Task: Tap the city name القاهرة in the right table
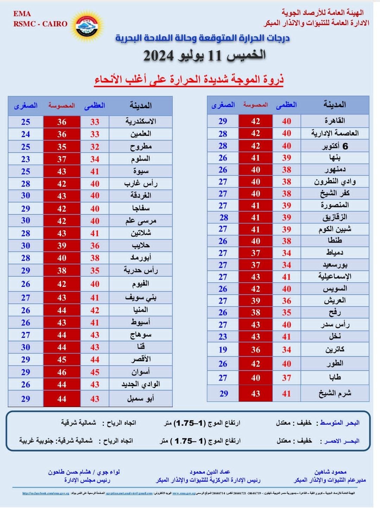[x=335, y=121]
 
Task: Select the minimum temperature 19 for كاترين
[x=223, y=349]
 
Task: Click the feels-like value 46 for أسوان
[x=62, y=372]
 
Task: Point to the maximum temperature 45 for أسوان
[x=95, y=372]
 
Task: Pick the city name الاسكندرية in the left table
[x=141, y=122]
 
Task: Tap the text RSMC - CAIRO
[x=40, y=24]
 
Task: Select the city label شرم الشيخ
[x=335, y=393]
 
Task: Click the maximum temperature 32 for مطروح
[x=95, y=147]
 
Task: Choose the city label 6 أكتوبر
[x=335, y=146]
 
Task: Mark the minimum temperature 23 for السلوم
[x=26, y=159]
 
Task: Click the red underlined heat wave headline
[x=189, y=79]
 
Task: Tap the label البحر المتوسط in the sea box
[x=340, y=423]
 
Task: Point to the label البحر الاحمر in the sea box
[x=340, y=441]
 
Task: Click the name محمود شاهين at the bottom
[x=330, y=472]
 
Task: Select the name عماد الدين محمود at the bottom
[x=210, y=472]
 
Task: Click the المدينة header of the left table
[x=141, y=105]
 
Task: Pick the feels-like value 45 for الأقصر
[x=62, y=359]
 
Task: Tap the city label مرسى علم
[x=141, y=221]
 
